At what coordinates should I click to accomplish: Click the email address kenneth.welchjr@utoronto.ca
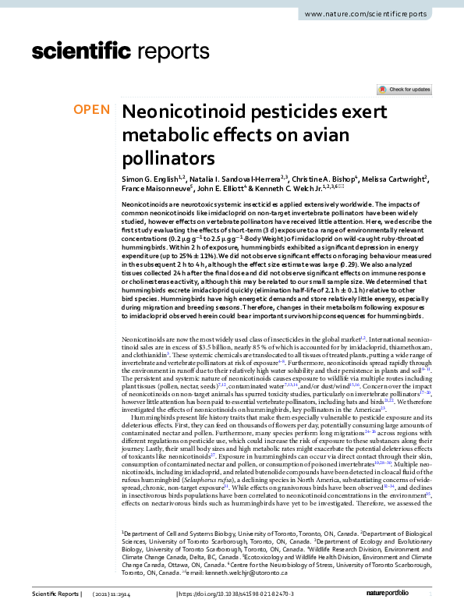click(245, 574)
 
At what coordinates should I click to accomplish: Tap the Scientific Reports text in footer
click(56, 594)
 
